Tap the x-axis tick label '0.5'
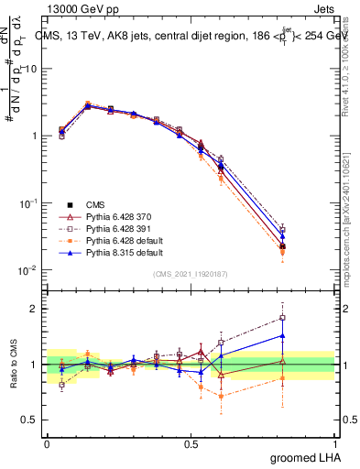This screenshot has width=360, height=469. click(x=191, y=442)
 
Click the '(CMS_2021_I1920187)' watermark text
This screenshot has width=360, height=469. click(x=191, y=274)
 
